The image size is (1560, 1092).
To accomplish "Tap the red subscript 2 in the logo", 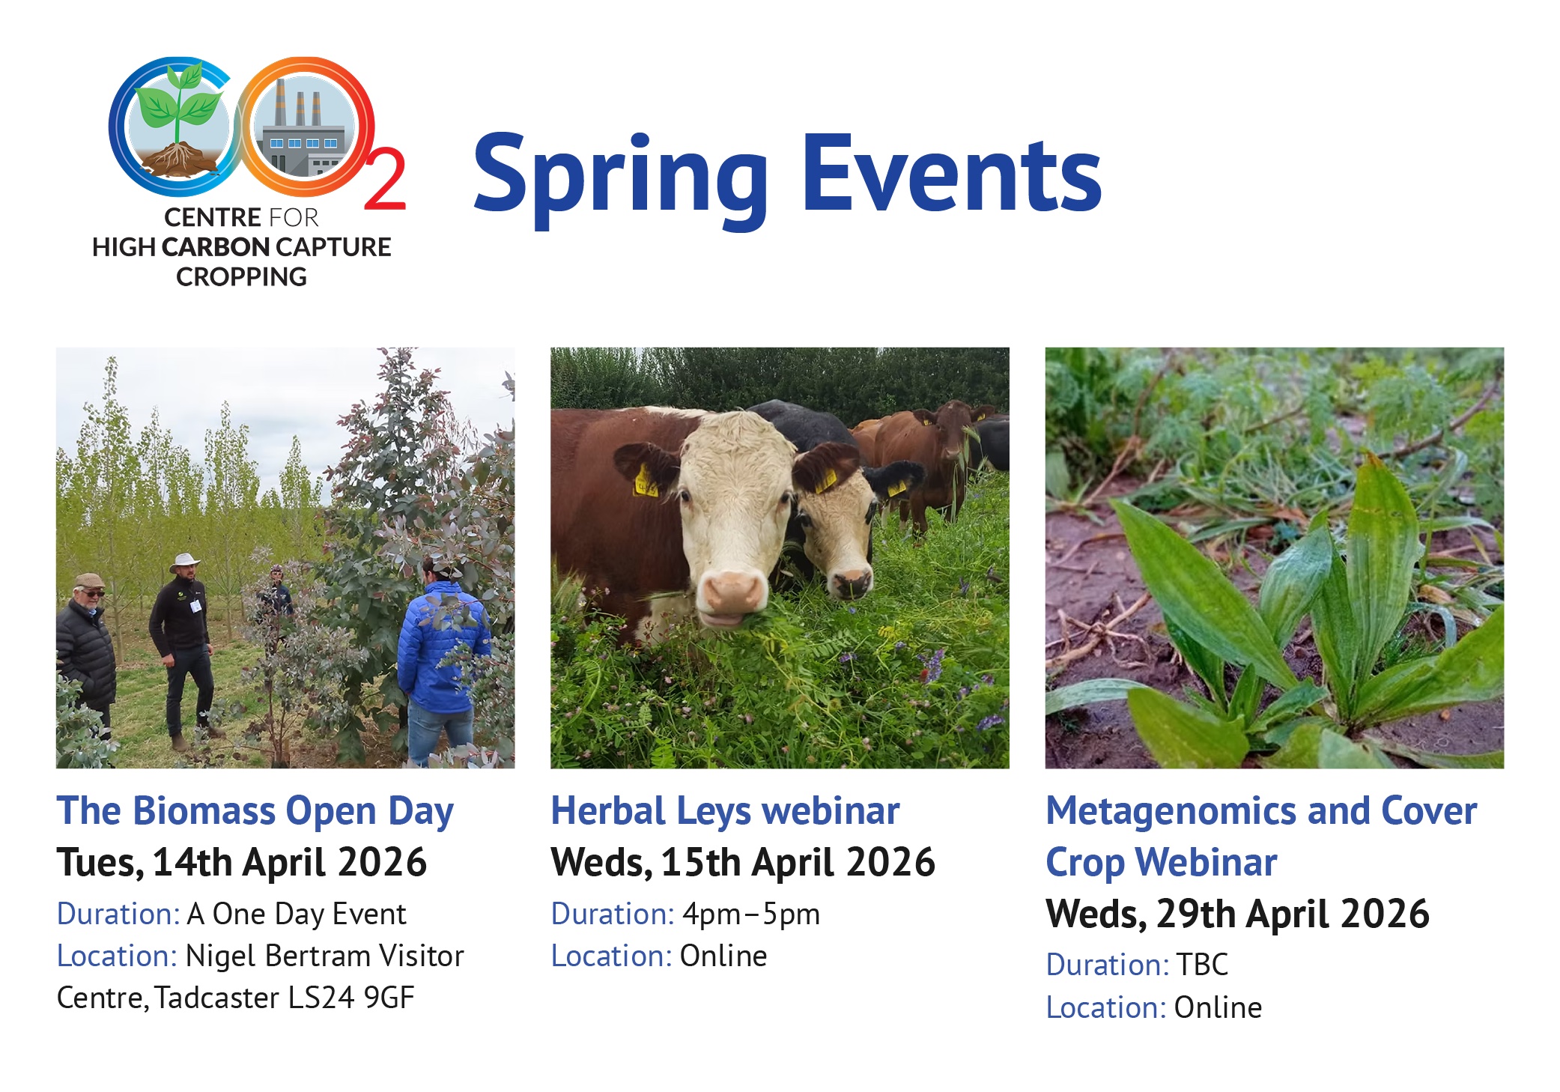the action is click(x=385, y=180).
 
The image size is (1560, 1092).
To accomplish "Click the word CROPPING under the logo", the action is click(x=241, y=277).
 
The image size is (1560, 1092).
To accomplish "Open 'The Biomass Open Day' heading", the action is click(x=255, y=812).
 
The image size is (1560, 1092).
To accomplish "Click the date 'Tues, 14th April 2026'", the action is click(x=242, y=863).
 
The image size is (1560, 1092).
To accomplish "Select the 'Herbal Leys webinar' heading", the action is click(x=725, y=811).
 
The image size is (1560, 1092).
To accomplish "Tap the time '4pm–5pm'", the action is click(x=751, y=914).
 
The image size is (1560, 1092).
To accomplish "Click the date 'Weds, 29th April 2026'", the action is click(x=1237, y=914).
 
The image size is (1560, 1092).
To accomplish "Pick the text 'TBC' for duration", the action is click(x=1202, y=965).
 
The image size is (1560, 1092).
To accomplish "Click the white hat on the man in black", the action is click(x=184, y=562).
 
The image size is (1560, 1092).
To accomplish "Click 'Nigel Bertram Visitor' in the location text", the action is click(x=324, y=956).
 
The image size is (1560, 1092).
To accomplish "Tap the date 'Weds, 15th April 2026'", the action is click(x=743, y=863).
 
